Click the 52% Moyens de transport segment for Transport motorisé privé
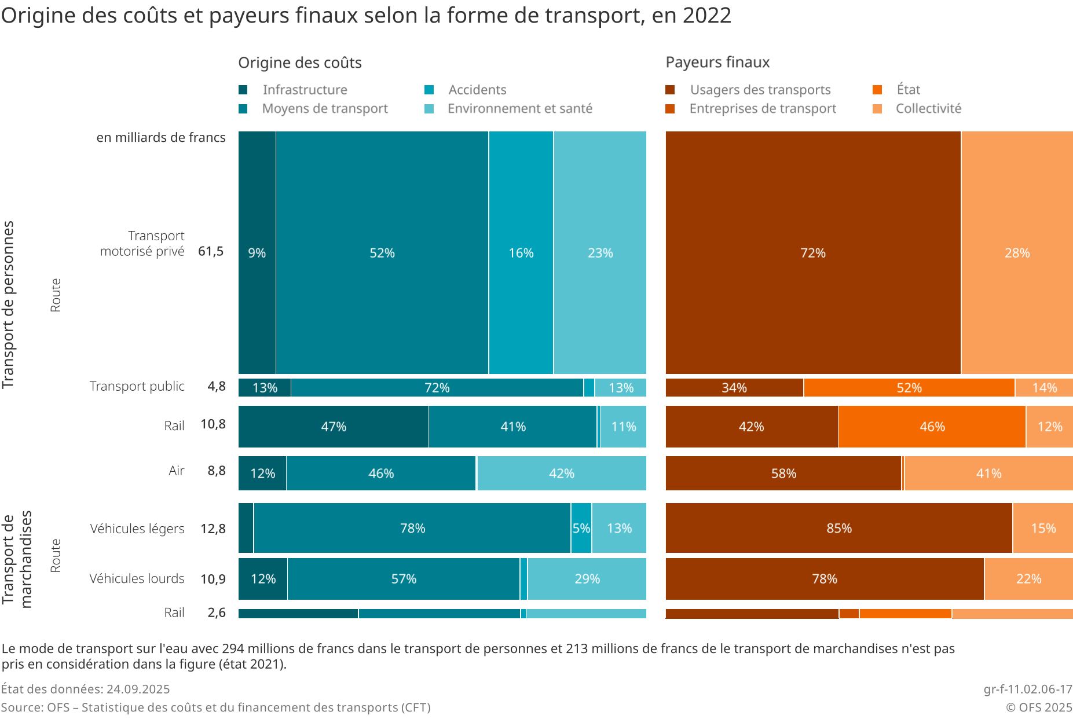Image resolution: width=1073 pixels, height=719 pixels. click(382, 252)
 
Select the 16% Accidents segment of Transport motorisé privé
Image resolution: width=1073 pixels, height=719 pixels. click(521, 252)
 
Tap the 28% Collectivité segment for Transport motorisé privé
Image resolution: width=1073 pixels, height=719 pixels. click(1017, 252)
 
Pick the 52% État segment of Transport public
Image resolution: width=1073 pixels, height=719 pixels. click(909, 387)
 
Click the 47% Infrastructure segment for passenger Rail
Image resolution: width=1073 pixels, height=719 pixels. click(334, 427)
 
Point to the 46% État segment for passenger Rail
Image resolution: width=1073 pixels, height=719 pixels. click(932, 427)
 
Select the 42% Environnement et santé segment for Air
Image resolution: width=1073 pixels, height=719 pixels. click(561, 473)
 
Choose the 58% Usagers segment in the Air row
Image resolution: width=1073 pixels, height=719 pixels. click(783, 473)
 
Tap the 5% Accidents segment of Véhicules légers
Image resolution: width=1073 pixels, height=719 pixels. click(581, 528)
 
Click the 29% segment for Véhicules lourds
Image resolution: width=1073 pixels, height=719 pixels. click(587, 578)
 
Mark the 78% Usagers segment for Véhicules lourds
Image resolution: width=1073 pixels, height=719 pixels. click(825, 578)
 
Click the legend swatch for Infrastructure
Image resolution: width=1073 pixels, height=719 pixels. click(243, 90)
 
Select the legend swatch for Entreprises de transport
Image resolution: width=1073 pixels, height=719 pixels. click(671, 109)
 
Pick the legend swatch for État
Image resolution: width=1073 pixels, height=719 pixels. click(877, 90)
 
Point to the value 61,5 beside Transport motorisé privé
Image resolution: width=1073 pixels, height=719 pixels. click(211, 251)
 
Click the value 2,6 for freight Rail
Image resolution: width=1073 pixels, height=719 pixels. click(217, 612)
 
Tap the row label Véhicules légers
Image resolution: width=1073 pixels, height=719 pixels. click(137, 529)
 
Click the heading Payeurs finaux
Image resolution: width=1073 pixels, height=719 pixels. click(717, 62)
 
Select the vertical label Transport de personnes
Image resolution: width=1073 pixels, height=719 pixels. click(8, 305)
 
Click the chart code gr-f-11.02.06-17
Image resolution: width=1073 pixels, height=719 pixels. click(1028, 689)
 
